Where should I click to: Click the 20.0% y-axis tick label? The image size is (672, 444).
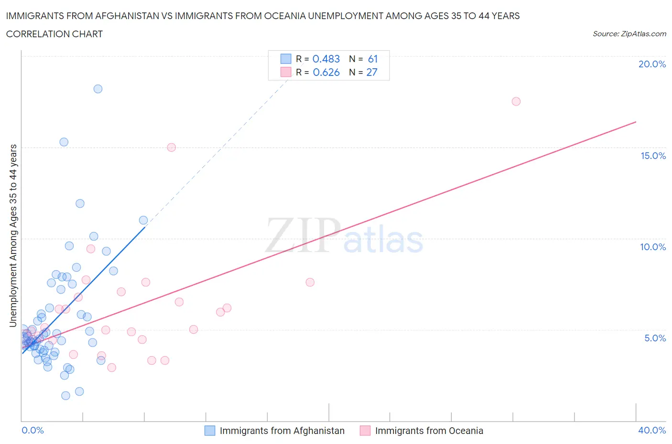point(652,64)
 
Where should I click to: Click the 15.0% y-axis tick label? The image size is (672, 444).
point(653,156)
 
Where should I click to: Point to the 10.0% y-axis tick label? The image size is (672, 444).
point(653,247)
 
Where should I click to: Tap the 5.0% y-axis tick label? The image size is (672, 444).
point(655,338)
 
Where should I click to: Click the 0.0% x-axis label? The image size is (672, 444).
point(33,430)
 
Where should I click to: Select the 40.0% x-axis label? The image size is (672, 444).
point(652,430)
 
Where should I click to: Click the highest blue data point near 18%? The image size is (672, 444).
point(98,89)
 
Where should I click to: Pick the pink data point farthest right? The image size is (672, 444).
point(516,101)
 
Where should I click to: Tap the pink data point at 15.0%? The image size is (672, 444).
point(172,147)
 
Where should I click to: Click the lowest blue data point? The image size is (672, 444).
point(66,395)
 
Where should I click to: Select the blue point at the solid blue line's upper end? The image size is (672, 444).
point(143,220)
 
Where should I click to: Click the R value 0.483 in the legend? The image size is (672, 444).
point(326,59)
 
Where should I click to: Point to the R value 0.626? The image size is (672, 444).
point(326,72)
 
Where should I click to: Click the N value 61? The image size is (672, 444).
point(373,59)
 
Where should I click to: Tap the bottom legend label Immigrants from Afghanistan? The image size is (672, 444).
point(282,431)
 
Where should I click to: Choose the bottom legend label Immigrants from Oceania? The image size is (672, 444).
point(429,431)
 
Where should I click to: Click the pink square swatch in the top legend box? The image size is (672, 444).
point(286,72)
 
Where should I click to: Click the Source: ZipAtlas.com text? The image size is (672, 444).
point(629,34)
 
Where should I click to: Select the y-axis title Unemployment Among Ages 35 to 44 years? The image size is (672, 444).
point(13,235)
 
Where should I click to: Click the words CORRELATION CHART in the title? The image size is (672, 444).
point(54,34)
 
